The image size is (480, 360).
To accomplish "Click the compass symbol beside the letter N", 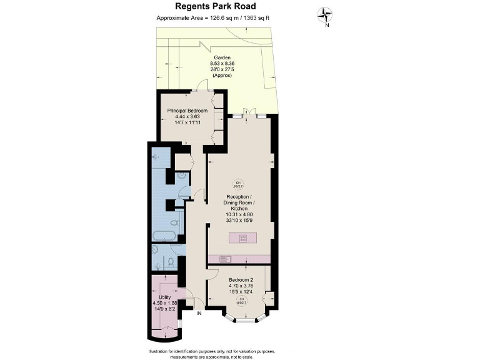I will (x=326, y=14).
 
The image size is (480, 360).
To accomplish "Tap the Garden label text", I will (x=222, y=57).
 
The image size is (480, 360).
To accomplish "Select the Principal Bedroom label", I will (x=187, y=111).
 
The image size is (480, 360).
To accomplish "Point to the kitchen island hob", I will (x=241, y=237).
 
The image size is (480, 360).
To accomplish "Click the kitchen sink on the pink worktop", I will (x=221, y=259).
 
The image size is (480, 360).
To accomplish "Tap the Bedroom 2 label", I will (x=241, y=279).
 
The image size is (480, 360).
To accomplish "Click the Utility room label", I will (x=165, y=297).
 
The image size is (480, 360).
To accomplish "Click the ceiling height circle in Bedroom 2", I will (x=240, y=301).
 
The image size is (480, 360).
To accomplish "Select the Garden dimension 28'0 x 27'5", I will (x=222, y=69).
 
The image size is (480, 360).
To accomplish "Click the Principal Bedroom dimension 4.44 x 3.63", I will (x=187, y=117).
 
